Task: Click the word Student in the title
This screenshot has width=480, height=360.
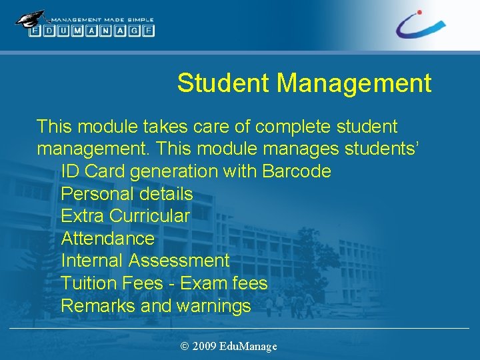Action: tap(223, 83)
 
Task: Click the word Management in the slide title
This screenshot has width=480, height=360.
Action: tap(354, 83)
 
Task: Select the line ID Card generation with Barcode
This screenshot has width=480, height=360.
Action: tap(195, 171)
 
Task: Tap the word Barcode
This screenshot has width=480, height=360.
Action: tap(296, 171)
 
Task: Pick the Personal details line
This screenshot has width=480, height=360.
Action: tap(127, 194)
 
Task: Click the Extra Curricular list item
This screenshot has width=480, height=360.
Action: tap(125, 216)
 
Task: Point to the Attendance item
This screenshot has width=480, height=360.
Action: tap(107, 239)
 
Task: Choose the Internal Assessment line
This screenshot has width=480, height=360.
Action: tap(145, 261)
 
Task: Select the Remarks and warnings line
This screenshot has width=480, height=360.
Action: tap(155, 306)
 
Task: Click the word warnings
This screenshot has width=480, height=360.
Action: tap(213, 306)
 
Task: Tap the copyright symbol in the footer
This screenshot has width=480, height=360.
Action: tap(185, 346)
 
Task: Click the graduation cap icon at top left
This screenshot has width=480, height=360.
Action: tap(31, 19)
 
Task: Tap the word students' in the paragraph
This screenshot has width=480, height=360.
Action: tap(379, 149)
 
